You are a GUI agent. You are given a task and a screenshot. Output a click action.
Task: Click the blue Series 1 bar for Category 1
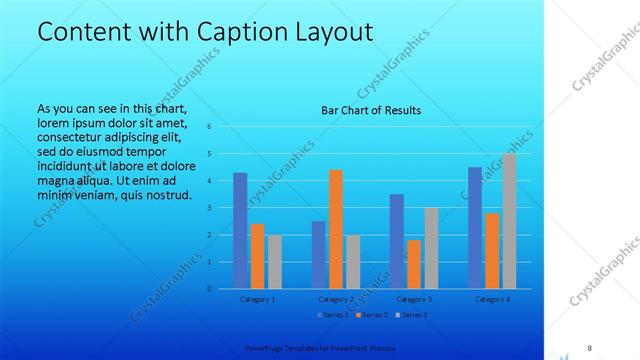coord(240,231)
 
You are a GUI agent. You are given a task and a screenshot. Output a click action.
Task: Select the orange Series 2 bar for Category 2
coord(336,229)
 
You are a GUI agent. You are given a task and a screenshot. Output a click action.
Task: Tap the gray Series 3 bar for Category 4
coord(509,221)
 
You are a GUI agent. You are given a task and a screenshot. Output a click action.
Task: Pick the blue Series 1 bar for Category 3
coord(397,241)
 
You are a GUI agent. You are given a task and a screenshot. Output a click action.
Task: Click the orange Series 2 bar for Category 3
coord(414,264)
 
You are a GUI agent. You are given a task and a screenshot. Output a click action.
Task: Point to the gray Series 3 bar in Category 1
coord(274,262)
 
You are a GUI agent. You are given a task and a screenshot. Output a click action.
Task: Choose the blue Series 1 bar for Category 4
coord(475,228)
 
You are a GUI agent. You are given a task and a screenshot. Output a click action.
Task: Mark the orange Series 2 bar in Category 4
coord(492,251)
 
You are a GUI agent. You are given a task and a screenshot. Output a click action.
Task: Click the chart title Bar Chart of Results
coord(370,110)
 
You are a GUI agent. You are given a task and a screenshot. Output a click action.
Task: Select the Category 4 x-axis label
coord(492,299)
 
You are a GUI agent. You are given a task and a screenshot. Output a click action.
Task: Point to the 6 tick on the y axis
coord(210,127)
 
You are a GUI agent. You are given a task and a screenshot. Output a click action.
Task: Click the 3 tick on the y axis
coord(210,208)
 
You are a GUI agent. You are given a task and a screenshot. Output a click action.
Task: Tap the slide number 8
coord(590,347)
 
